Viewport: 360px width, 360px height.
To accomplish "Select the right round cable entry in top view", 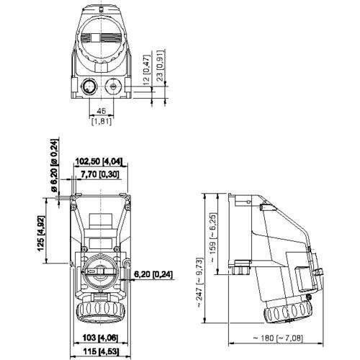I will point(114,88).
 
